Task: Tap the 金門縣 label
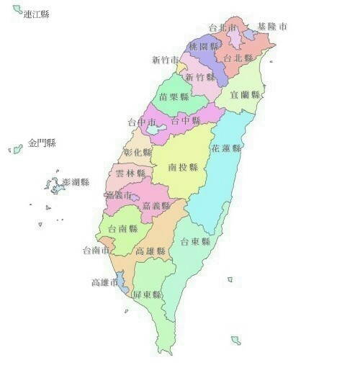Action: coord(42,143)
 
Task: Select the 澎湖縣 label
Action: coord(76,182)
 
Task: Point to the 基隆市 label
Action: coord(272,27)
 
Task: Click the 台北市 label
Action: coord(222,28)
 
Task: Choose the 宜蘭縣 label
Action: coord(245,94)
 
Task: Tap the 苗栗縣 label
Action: coord(174,96)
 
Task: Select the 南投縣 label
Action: coord(183,167)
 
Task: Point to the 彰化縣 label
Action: coord(138,153)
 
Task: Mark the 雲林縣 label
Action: coord(130,174)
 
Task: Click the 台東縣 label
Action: coord(195,242)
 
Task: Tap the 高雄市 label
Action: coord(105,282)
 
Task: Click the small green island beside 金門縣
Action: coord(14,150)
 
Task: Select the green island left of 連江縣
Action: coord(17,9)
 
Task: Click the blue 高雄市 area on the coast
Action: coord(122,282)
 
